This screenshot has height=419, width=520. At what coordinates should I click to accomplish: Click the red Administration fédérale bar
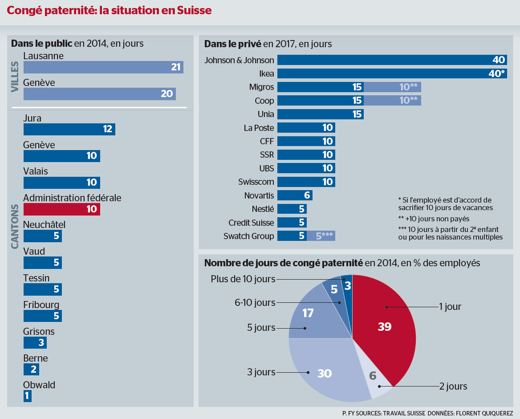coord(61,209)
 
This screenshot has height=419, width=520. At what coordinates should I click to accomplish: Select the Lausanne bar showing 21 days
coord(103,67)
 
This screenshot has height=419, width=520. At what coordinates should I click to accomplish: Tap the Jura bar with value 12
coord(69,129)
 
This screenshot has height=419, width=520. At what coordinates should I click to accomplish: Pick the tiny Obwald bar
coord(28,396)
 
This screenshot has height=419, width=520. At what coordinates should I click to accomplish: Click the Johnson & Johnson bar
coord(392,60)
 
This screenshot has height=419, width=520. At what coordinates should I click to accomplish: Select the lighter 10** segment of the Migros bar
coord(392,87)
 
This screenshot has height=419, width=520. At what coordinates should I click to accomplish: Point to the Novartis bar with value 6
coord(294,195)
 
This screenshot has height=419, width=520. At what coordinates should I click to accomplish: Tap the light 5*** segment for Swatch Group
coord(321,236)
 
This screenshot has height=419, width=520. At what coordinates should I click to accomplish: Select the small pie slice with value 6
coord(374,376)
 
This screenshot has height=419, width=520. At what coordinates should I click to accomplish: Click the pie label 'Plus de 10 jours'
coord(243,279)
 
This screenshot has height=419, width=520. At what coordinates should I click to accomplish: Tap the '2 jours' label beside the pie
coord(453,386)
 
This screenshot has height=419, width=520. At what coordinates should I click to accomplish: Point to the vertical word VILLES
coord(15,76)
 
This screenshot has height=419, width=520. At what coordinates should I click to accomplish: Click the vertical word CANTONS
coord(15,226)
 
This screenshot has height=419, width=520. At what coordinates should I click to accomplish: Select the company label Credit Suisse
coord(251,223)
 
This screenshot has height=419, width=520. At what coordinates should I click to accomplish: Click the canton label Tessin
coord(37,278)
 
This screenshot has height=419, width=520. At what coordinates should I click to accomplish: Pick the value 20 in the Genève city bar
coord(167,94)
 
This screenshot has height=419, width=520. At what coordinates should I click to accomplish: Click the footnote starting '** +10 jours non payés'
coord(434,219)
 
